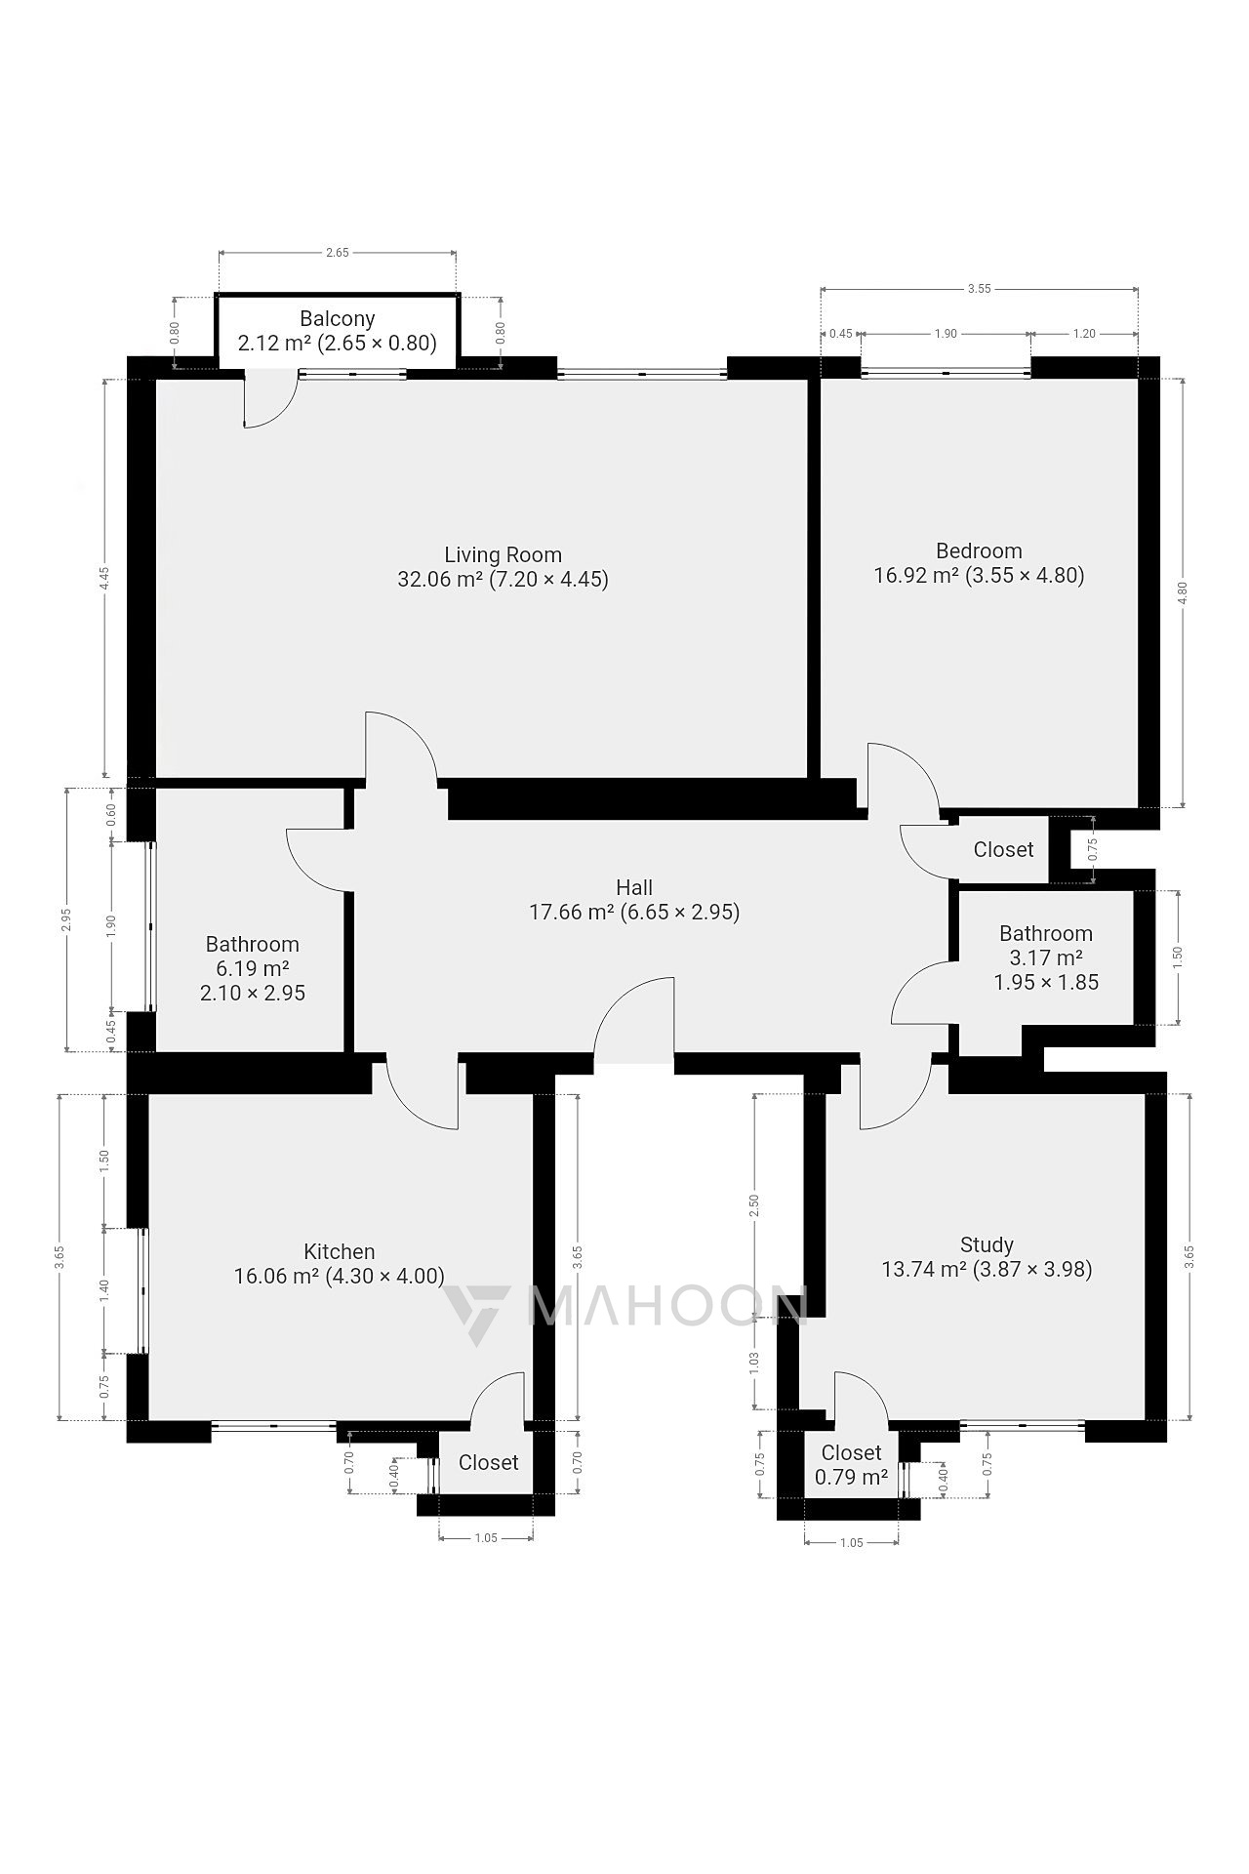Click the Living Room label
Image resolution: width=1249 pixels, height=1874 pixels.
pyautogui.click(x=503, y=555)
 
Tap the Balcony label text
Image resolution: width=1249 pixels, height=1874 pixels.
pyautogui.click(x=338, y=319)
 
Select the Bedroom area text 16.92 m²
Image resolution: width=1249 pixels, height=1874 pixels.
pyautogui.click(x=916, y=575)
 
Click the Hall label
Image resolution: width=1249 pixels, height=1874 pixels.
pyautogui.click(x=634, y=887)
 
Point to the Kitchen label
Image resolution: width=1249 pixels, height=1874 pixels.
pyautogui.click(x=340, y=1252)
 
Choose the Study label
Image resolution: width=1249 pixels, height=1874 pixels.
pyautogui.click(x=987, y=1245)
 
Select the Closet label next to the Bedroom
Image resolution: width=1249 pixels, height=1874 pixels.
pyautogui.click(x=1003, y=850)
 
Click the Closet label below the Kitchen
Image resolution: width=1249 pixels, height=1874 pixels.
pyautogui.click(x=488, y=1462)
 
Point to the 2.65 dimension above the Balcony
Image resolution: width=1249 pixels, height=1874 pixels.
pyautogui.click(x=337, y=253)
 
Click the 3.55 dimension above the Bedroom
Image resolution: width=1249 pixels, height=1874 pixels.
pyautogui.click(x=980, y=289)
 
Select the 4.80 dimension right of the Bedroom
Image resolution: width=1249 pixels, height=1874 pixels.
pyautogui.click(x=1183, y=593)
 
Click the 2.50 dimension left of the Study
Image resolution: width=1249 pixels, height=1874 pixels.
pyautogui.click(x=754, y=1207)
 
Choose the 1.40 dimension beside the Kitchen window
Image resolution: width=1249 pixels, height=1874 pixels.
pyautogui.click(x=105, y=1290)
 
